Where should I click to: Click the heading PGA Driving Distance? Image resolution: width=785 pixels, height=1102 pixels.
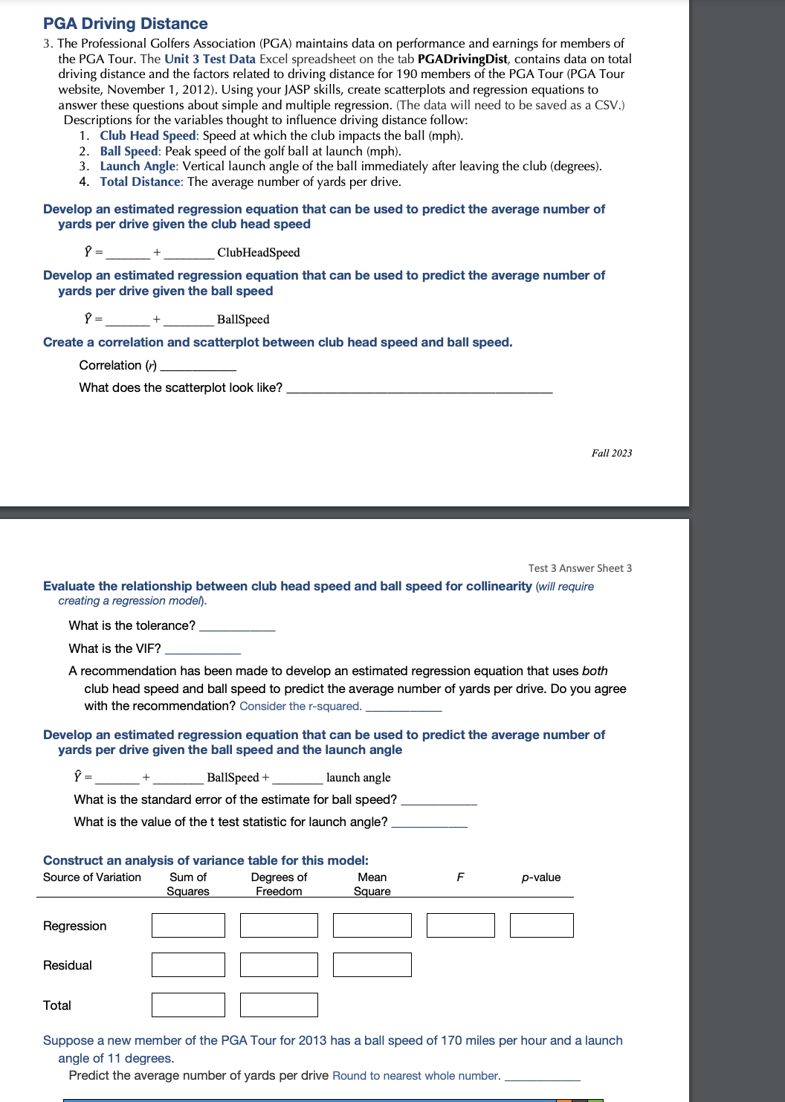125,24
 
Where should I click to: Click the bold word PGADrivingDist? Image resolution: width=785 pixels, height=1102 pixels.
462,59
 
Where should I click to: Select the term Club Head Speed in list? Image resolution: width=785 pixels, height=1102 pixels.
148,135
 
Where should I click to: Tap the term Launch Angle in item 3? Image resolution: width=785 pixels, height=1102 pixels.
138,166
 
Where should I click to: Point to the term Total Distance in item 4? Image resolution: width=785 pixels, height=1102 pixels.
140,181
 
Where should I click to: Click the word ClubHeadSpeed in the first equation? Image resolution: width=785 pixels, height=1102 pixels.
259,253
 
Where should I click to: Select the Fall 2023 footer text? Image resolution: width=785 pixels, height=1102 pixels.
611,453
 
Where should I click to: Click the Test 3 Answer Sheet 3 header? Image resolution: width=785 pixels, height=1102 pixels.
580,568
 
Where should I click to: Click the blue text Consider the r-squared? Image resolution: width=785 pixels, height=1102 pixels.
300,706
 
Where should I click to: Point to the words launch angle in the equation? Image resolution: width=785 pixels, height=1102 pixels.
358,778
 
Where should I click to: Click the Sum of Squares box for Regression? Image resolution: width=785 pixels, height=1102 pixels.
188,926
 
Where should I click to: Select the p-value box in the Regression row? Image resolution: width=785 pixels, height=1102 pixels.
541,926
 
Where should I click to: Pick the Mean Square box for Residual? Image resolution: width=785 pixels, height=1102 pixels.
372,965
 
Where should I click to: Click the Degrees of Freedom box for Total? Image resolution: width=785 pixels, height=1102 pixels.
279,1005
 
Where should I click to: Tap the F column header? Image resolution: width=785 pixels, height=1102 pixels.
460,877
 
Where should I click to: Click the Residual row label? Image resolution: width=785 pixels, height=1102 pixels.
68,965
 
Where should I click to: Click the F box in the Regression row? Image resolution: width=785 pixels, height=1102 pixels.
460,926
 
